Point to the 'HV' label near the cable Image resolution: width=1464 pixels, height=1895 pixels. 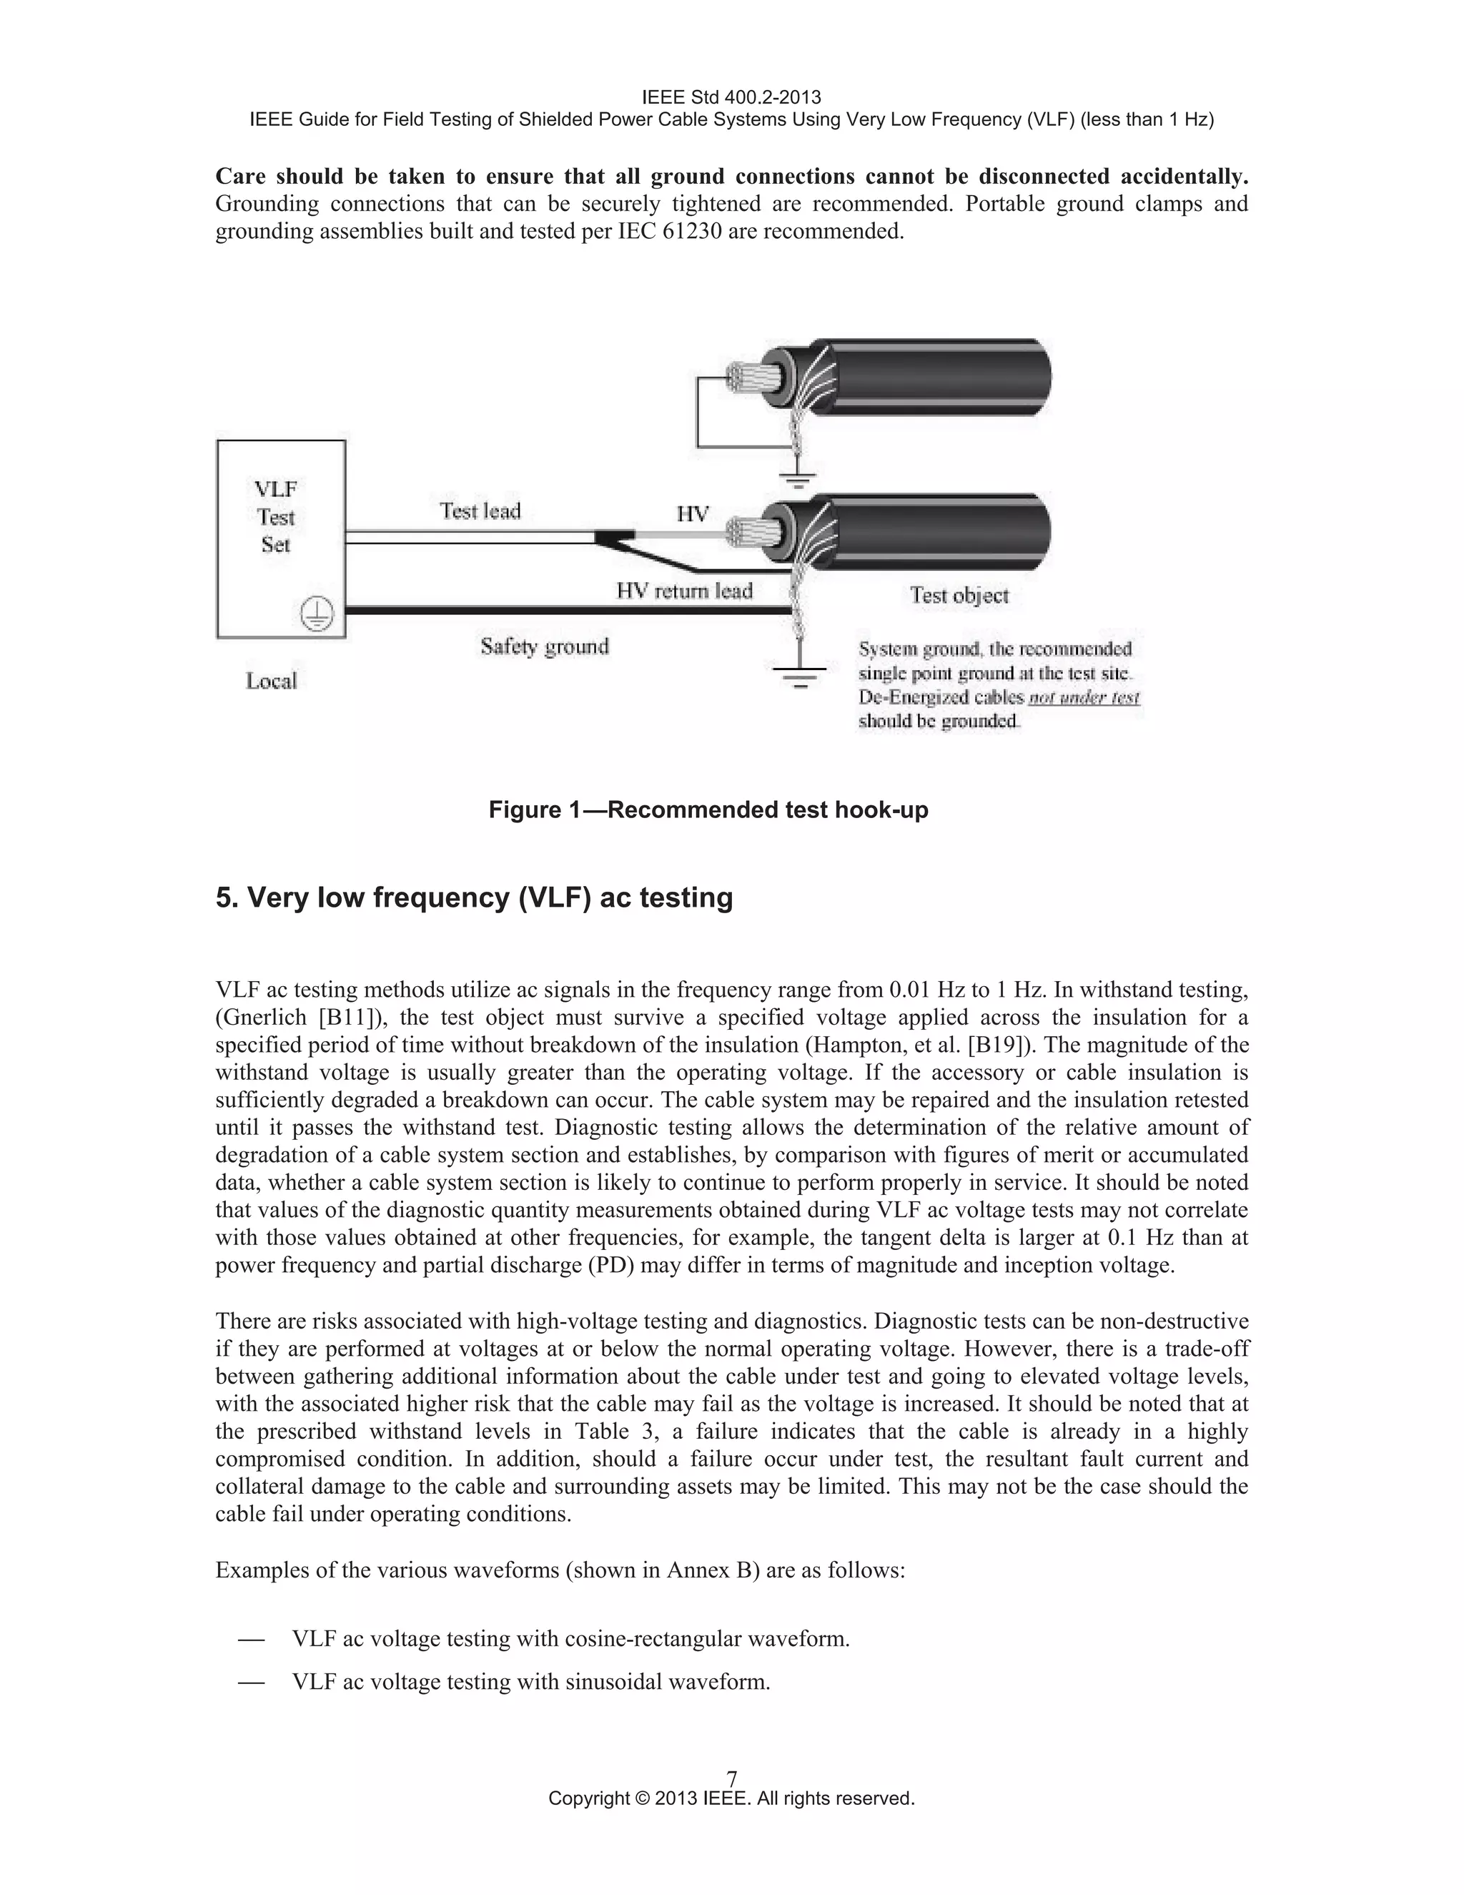[692, 513]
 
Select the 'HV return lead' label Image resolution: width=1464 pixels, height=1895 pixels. [683, 591]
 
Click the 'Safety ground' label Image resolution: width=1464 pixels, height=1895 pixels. [545, 646]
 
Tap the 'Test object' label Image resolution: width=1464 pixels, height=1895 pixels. [959, 595]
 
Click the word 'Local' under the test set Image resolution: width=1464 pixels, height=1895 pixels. [271, 681]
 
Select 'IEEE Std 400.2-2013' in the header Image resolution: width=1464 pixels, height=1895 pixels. [731, 97]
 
